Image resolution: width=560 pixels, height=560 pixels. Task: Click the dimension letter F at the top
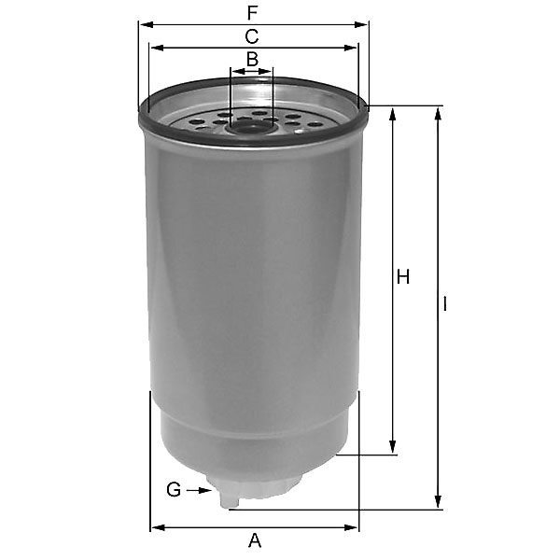(253, 13)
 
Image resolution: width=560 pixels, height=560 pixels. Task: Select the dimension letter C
(252, 36)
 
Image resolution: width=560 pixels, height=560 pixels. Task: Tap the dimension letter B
(253, 59)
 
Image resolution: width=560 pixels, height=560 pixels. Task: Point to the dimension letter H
(403, 277)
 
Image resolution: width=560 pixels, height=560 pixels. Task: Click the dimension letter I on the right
(444, 304)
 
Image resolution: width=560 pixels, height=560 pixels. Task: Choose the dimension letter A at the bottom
(255, 540)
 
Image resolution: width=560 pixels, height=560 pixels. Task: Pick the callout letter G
(174, 490)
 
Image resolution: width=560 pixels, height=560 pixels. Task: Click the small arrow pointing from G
(200, 490)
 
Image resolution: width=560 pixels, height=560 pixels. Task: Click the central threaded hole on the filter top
(252, 128)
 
